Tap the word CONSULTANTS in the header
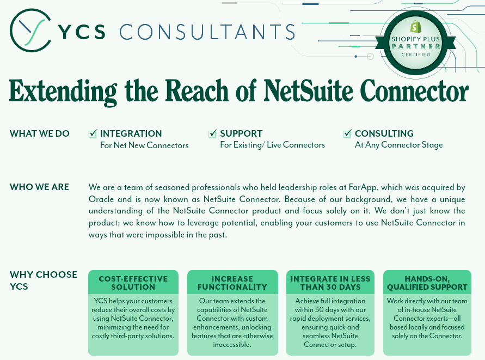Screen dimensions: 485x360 [207, 32]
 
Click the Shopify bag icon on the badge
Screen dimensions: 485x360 [416, 27]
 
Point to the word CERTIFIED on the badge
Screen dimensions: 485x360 [416, 54]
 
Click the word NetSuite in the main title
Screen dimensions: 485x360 [308, 91]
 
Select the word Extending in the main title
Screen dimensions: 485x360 [63, 92]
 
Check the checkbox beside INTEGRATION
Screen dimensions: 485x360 [93, 133]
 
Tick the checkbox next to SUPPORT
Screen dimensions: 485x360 [212, 133]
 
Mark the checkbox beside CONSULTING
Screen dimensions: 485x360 [347, 133]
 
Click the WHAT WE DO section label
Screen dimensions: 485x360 [40, 133]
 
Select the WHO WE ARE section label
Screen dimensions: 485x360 [40, 187]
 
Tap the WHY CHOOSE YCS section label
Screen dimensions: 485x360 [44, 280]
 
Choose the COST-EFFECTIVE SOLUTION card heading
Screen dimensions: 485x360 [133, 283]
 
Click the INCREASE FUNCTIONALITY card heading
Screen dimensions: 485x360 [232, 283]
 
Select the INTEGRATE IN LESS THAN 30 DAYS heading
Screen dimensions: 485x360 [330, 283]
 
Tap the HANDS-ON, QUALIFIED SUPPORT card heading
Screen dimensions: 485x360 [427, 283]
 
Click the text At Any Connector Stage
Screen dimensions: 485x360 [398, 145]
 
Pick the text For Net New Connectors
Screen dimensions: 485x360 [144, 145]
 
